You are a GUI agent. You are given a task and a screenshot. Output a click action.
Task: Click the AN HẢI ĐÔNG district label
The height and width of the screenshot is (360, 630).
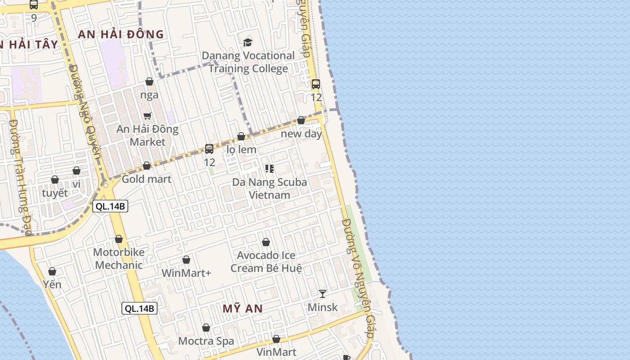click(121, 34)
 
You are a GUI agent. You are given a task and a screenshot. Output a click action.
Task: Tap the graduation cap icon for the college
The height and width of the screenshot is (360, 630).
click(247, 42)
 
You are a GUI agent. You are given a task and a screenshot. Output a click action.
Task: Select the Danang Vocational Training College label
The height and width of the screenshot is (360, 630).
click(248, 62)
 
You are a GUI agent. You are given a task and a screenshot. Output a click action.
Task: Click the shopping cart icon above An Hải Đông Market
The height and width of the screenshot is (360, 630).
click(147, 116)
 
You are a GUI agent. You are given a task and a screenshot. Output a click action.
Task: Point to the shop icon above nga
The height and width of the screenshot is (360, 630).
click(149, 81)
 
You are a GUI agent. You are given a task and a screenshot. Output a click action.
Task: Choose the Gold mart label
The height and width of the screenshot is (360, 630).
click(147, 179)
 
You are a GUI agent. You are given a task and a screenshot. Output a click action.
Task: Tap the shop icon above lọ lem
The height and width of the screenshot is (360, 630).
click(241, 136)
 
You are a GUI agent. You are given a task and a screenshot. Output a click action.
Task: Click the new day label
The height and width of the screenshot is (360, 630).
click(301, 134)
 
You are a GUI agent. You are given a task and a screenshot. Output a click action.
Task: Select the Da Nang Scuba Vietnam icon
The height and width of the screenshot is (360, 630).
click(270, 169)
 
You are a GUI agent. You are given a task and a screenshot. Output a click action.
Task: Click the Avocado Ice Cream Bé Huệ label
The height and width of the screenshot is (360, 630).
click(266, 261)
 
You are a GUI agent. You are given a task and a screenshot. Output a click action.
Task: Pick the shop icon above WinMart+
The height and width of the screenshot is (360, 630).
click(186, 260)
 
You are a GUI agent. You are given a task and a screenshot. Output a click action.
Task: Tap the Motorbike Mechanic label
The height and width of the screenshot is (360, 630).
click(119, 258)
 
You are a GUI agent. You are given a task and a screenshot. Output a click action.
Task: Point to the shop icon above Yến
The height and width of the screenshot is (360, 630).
click(52, 271)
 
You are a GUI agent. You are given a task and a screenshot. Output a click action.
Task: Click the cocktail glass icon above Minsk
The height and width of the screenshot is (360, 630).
click(322, 294)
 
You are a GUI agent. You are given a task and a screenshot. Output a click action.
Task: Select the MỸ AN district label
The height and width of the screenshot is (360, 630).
click(243, 309)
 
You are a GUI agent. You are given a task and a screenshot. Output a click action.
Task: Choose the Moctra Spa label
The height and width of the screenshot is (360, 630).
click(206, 341)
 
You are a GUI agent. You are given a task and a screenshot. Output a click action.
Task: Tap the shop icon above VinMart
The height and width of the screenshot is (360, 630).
click(276, 339)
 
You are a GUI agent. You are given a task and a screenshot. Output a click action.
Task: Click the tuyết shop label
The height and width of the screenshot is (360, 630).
click(55, 193)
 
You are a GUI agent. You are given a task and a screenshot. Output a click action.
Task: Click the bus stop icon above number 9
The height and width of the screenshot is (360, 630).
click(34, 5)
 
